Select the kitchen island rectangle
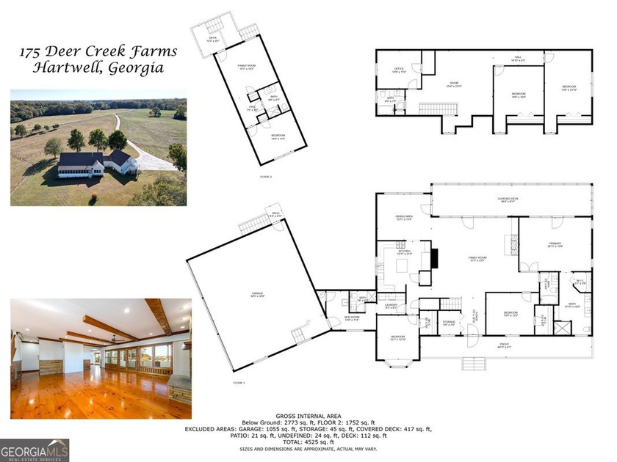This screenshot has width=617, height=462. (403, 264)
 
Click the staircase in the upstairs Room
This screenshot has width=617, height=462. (437, 109)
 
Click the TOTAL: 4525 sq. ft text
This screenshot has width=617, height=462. (308, 442)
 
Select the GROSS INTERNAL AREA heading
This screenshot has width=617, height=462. (308, 416)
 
